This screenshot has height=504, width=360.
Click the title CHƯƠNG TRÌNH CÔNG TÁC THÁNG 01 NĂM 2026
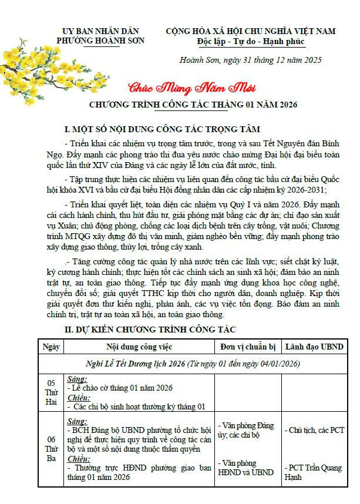tap(193, 105)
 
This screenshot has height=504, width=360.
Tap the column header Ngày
tap(51, 347)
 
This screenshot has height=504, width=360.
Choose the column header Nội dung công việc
tap(139, 347)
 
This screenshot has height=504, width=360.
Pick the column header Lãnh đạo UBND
tap(315, 347)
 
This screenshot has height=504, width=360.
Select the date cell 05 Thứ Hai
tap(51, 392)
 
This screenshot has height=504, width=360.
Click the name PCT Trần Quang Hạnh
tap(314, 472)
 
